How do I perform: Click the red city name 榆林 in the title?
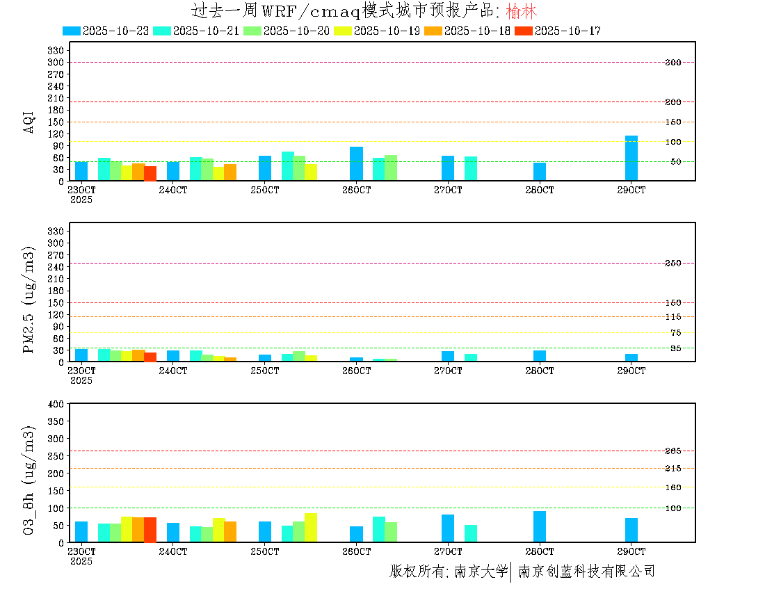point(522,12)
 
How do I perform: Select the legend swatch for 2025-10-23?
point(72,31)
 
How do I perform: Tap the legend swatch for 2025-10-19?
point(343,31)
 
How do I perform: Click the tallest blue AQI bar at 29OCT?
point(631,158)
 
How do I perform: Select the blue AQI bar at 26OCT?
point(356,163)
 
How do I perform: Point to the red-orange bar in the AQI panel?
point(150,173)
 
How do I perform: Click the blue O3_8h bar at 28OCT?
point(540,526)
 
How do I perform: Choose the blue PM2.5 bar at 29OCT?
point(631,357)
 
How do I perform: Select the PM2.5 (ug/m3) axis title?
point(29,299)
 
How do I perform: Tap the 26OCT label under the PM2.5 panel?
point(356,371)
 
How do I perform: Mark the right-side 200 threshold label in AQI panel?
point(673,102)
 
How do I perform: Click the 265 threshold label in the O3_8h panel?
point(673,451)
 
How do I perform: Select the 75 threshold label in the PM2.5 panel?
point(675,333)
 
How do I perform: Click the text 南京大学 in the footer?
point(481,572)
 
